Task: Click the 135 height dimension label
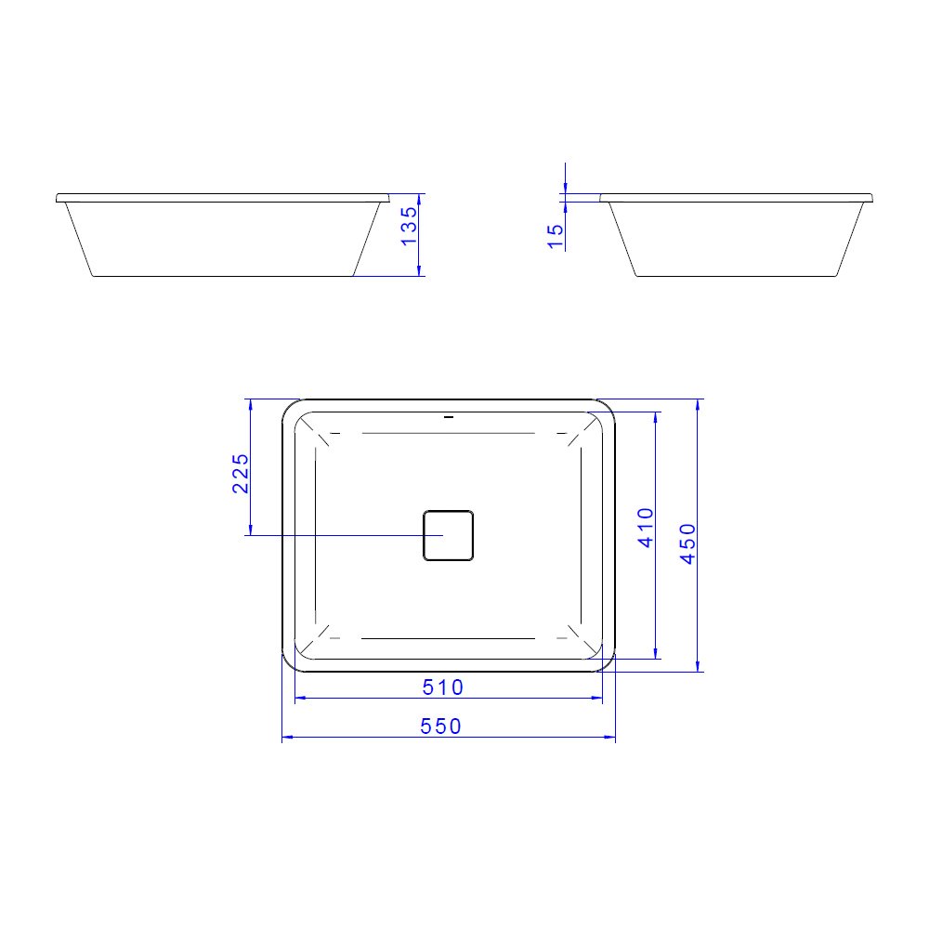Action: click(408, 226)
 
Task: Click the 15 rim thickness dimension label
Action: click(555, 235)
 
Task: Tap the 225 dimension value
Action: click(241, 473)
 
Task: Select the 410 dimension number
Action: click(647, 527)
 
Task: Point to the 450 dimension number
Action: click(687, 543)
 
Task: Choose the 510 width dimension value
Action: click(443, 687)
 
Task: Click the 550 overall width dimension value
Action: click(440, 726)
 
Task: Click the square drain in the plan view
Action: click(449, 535)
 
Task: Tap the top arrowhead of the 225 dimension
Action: click(249, 404)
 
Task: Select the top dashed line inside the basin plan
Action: click(448, 433)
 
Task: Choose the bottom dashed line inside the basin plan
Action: click(448, 638)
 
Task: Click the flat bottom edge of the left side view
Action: click(223, 276)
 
